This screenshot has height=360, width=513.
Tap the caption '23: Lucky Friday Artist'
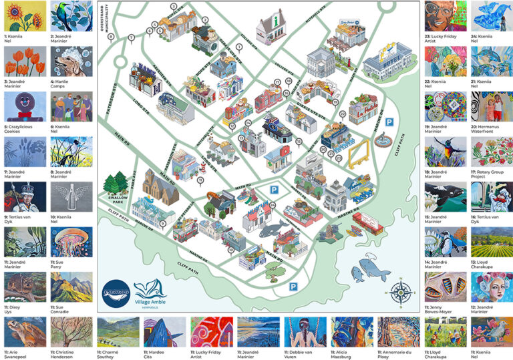(444, 39)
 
